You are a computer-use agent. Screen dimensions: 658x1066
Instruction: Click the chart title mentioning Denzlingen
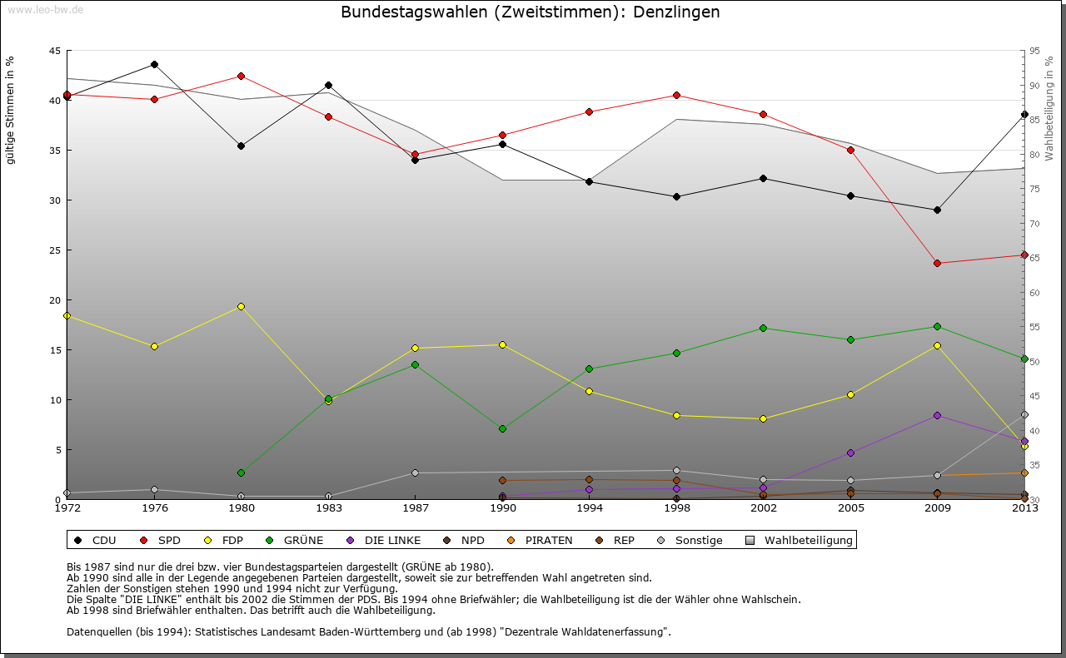(531, 12)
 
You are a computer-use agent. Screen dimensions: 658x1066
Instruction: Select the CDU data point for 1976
(154, 64)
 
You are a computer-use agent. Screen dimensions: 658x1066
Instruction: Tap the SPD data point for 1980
(241, 76)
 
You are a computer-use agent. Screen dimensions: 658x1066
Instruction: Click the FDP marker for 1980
(241, 306)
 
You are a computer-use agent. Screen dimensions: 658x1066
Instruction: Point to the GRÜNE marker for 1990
(502, 428)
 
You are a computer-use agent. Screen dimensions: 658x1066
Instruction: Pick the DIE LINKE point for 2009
(937, 415)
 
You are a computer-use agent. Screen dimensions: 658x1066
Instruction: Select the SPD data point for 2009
(937, 263)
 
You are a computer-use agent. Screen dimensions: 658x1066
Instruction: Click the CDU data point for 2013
(1024, 114)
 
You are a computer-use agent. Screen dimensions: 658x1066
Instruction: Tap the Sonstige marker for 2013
(1024, 414)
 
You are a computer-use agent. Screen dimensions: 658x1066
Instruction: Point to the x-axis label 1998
(676, 508)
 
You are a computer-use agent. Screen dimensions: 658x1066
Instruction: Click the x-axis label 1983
(328, 508)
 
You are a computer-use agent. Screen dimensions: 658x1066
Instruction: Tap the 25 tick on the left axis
(54, 250)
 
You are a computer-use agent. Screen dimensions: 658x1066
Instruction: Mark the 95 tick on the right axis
(1034, 51)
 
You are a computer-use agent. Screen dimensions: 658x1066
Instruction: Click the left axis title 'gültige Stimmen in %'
(10, 109)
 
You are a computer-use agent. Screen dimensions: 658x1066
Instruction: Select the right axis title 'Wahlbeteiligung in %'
(1049, 105)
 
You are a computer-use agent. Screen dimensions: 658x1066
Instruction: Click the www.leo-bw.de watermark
(44, 9)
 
